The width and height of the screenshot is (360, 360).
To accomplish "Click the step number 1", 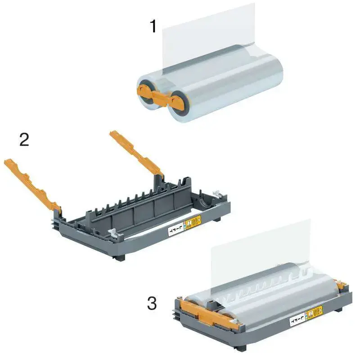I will pyautogui.click(x=153, y=26).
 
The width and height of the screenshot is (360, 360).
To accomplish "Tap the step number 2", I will pyautogui.click(x=24, y=139).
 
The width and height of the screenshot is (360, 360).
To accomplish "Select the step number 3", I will pyautogui.click(x=152, y=303).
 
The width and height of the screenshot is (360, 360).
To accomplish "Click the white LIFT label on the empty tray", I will pyautogui.click(x=175, y=231).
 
